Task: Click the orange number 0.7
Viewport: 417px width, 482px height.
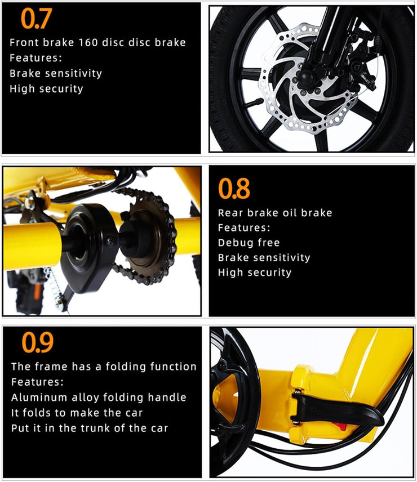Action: click(36, 19)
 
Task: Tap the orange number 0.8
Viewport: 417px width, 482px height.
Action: click(234, 188)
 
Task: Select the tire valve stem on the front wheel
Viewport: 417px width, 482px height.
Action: click(254, 102)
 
